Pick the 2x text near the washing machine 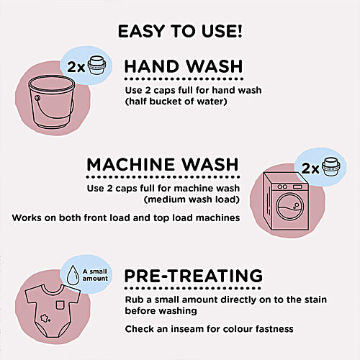point(311,169)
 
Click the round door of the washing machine point(289,206)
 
